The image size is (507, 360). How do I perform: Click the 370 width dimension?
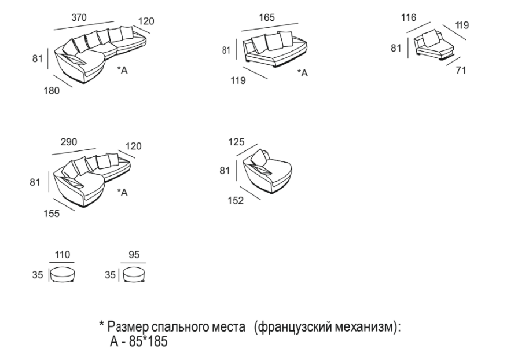[x=79, y=18]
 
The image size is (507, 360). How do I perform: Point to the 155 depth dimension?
[x=52, y=213]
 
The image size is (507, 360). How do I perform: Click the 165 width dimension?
[x=266, y=18]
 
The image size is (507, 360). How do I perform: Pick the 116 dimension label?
[x=409, y=18]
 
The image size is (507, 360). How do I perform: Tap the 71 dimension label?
[x=461, y=70]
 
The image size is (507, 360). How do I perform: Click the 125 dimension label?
[x=236, y=142]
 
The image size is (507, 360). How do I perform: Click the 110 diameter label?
[x=62, y=255]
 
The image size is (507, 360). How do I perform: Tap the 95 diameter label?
[x=135, y=255]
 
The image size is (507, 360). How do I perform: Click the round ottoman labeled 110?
[x=62, y=274]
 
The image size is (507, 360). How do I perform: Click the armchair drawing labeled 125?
[x=267, y=172]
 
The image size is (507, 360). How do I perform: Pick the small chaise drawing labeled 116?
[x=431, y=47]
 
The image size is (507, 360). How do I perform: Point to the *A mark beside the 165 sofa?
[x=302, y=73]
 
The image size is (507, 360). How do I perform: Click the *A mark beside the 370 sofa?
[x=123, y=70]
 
